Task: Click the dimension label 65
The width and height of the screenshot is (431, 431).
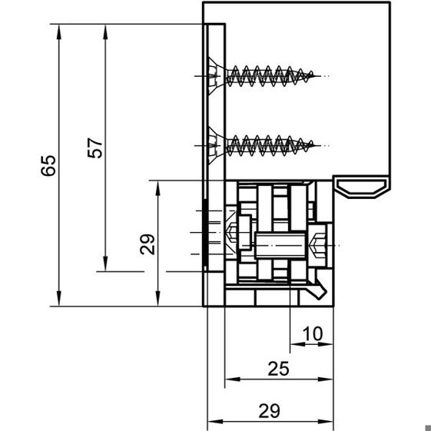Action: pyautogui.click(x=48, y=165)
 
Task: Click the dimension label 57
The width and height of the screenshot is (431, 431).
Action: pyautogui.click(x=94, y=148)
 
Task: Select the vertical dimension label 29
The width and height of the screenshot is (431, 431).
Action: pyautogui.click(x=148, y=244)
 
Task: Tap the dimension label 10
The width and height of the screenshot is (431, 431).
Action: pyautogui.click(x=312, y=333)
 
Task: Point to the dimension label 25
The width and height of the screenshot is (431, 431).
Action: pyautogui.click(x=278, y=369)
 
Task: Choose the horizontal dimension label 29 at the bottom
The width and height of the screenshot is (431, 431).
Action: pyautogui.click(x=270, y=411)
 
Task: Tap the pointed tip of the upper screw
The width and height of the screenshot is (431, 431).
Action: pyautogui.click(x=320, y=76)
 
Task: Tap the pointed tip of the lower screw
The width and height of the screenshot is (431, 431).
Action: pyautogui.click(x=320, y=145)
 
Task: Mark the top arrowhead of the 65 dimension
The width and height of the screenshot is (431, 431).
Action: pyautogui.click(x=59, y=31)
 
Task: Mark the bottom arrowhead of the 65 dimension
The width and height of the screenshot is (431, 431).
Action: pyautogui.click(x=59, y=299)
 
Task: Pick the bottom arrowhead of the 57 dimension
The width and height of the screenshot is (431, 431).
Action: pyautogui.click(x=105, y=264)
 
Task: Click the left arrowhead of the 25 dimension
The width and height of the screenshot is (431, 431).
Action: pyautogui.click(x=232, y=380)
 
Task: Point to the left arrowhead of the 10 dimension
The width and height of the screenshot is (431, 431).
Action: pyautogui.click(x=297, y=344)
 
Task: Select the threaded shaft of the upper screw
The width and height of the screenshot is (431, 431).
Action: pyautogui.click(x=270, y=76)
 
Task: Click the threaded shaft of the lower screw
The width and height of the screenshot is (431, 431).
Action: pyautogui.click(x=270, y=145)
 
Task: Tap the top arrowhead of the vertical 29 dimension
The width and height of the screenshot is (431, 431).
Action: pyautogui.click(x=157, y=187)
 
